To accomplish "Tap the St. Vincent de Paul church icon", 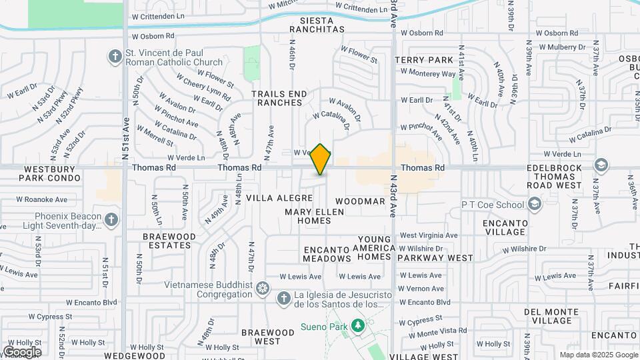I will (115, 56).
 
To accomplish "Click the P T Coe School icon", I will (535, 203).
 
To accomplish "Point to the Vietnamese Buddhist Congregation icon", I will (263, 289).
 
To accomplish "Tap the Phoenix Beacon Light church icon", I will (111, 219).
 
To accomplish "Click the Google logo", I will (22, 351).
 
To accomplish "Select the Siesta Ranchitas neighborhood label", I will (318, 25).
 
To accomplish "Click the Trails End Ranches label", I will (279, 98).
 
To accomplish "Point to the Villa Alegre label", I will (279, 198).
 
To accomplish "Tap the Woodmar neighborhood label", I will (360, 201).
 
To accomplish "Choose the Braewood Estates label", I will (169, 241).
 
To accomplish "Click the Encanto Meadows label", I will (327, 254).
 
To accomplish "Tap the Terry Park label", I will (424, 60).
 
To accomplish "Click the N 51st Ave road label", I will (125, 139).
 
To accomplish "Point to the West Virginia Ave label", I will (429, 235).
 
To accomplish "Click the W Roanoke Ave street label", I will (42, 199).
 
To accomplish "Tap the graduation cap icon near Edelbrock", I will (601, 165).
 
